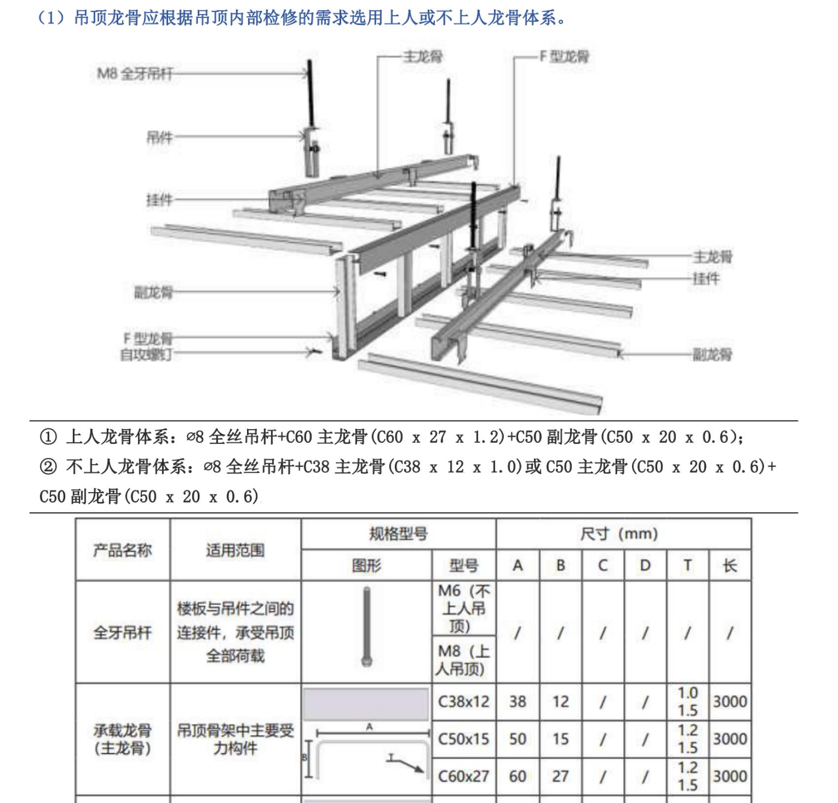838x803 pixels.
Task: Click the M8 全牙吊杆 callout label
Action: click(x=135, y=74)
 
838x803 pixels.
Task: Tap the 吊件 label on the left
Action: click(x=159, y=137)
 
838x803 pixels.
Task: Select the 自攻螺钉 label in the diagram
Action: click(x=146, y=354)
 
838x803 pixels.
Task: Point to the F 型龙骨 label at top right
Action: click(x=564, y=57)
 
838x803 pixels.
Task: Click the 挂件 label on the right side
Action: click(x=706, y=279)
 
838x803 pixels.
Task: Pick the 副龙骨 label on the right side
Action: click(x=712, y=354)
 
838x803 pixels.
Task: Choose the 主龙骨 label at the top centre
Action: click(x=422, y=57)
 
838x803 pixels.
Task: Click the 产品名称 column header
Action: click(x=122, y=550)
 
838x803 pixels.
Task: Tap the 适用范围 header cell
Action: click(x=235, y=550)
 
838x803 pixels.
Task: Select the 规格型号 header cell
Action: click(x=398, y=534)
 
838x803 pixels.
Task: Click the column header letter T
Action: click(x=687, y=565)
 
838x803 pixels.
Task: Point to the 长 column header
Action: click(x=730, y=565)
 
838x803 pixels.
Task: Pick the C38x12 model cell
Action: click(x=463, y=702)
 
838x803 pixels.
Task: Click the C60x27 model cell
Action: click(x=463, y=776)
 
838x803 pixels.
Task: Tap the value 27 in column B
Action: click(x=560, y=776)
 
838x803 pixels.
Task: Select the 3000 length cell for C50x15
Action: click(x=730, y=739)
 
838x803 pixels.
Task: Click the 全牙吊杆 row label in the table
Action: click(x=122, y=632)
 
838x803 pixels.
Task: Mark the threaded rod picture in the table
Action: click(x=366, y=626)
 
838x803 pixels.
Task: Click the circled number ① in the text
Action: click(x=48, y=437)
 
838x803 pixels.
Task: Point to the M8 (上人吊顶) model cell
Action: click(x=463, y=660)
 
